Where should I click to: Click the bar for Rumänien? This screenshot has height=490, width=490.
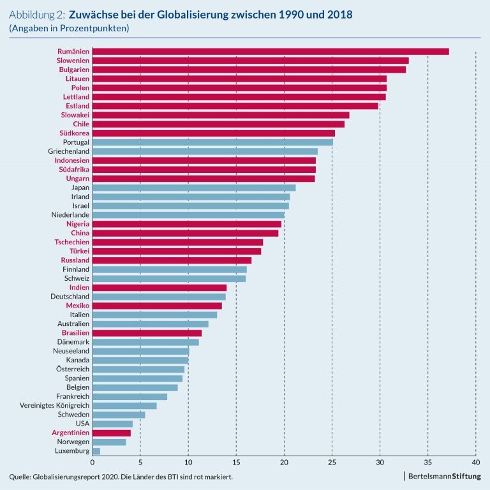pos(271,52)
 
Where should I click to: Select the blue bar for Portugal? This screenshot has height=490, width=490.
pos(212,142)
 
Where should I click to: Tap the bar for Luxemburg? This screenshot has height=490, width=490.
pos(96,451)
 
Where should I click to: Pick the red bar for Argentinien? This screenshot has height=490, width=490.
pos(112,433)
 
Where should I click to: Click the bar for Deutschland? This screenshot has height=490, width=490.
pos(159,297)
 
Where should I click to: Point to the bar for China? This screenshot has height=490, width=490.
pos(185,233)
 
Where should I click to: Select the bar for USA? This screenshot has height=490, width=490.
pos(112,424)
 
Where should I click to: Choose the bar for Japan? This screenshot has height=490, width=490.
pos(194,188)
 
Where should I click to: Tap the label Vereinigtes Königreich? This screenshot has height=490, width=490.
pos(55,406)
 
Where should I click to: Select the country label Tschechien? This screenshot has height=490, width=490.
pos(71,242)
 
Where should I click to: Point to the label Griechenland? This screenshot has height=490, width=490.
pos(68,151)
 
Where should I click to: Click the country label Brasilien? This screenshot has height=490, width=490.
pos(75,333)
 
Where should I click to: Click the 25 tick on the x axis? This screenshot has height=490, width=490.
pos(332,463)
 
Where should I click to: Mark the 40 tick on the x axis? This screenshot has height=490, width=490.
pos(475,463)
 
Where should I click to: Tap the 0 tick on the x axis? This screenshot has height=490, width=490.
pos(93,463)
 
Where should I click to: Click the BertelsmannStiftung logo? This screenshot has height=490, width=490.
pos(444,477)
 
